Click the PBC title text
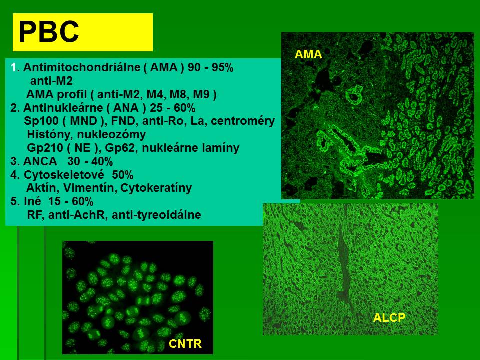(49, 32)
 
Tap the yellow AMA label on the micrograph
(308, 54)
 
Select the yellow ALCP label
(389, 318)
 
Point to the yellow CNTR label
(185, 344)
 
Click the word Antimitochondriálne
(81, 67)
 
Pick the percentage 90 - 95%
(210, 67)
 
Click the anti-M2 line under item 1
(51, 81)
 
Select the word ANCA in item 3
(40, 161)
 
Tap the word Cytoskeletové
(64, 175)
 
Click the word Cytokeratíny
(156, 188)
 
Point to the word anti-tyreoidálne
(156, 215)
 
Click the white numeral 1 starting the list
(13, 67)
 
